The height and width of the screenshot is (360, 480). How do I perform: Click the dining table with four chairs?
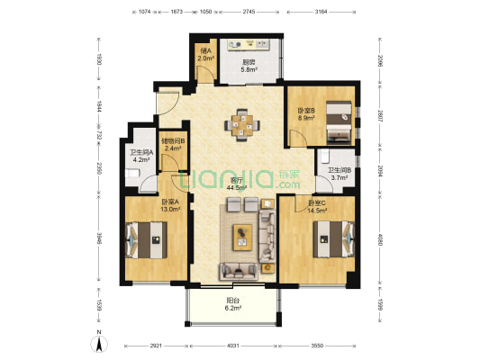pyautogui.click(x=240, y=125)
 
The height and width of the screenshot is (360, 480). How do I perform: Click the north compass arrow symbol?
pyautogui.click(x=98, y=342)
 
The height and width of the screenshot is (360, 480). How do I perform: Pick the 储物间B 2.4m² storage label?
pyautogui.click(x=173, y=146)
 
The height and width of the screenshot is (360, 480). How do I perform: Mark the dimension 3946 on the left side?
pyautogui.click(x=102, y=240)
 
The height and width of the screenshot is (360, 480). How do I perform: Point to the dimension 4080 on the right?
pyautogui.click(x=381, y=240)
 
